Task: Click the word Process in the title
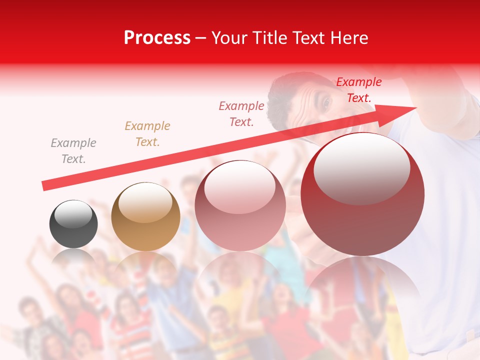pyautogui.click(x=157, y=38)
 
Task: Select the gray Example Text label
pyautogui.click(x=73, y=151)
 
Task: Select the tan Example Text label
pyautogui.click(x=147, y=134)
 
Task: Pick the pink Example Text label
pyautogui.click(x=241, y=114)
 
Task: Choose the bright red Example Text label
pyautogui.click(x=358, y=90)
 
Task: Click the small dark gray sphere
pyautogui.click(x=73, y=224)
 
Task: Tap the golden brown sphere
pyautogui.click(x=145, y=217)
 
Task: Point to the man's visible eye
pyautogui.click(x=327, y=103)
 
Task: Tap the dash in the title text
pyautogui.click(x=200, y=38)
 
